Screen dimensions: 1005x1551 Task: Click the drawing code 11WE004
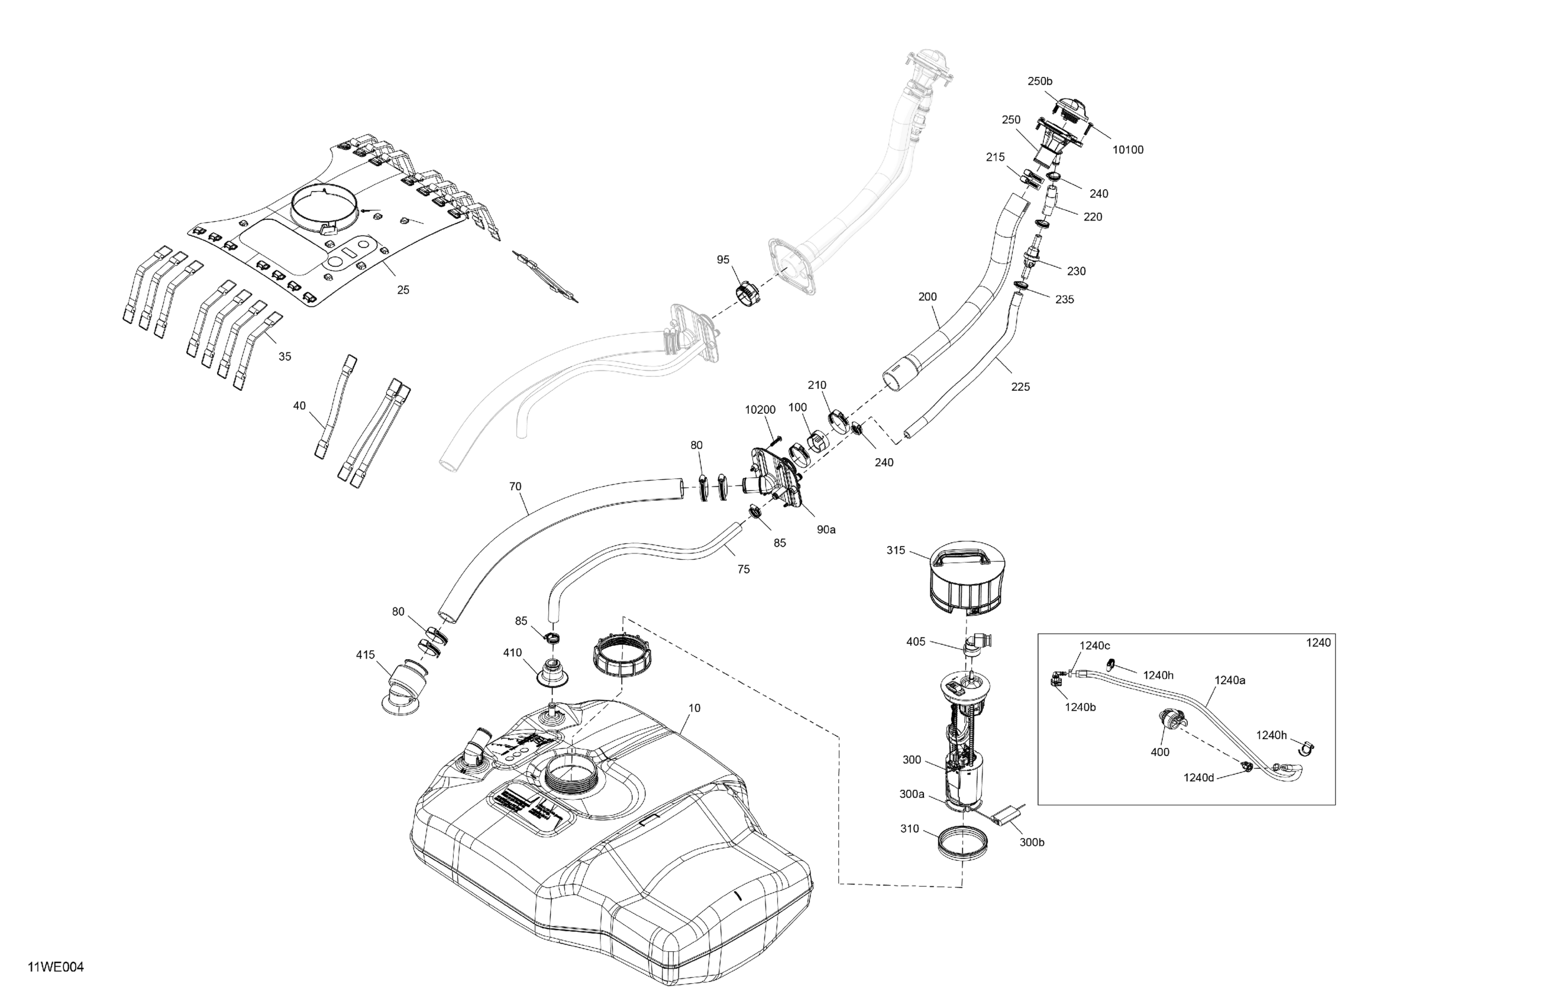[56, 967]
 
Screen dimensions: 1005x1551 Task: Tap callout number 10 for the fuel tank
[694, 708]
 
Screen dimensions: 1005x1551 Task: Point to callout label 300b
[1032, 842]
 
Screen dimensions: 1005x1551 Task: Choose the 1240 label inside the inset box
[1319, 643]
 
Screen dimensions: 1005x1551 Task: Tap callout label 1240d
[1198, 777]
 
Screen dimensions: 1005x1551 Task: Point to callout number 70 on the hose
[515, 487]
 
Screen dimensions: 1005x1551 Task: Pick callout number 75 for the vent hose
[743, 569]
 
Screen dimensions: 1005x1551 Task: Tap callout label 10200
[760, 410]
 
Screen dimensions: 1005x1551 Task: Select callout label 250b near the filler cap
[1039, 82]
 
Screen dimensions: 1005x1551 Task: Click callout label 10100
[1127, 150]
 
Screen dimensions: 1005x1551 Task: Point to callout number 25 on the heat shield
[403, 290]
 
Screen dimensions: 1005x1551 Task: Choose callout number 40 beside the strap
[299, 406]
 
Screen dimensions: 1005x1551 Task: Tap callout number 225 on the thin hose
[1020, 387]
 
